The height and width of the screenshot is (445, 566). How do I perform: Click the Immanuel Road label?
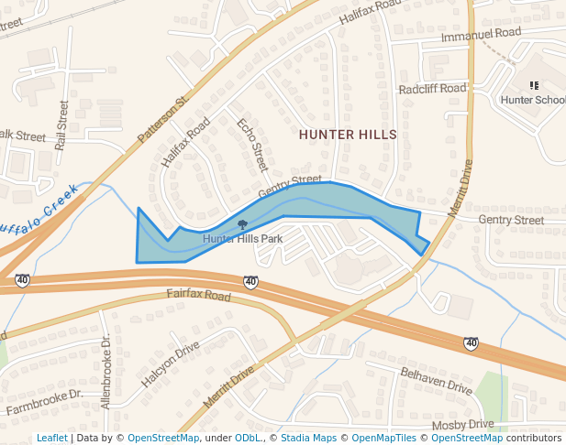[x=481, y=35]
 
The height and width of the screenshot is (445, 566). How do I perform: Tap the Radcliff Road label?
[x=434, y=89]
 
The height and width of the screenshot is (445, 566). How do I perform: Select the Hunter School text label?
[x=533, y=100]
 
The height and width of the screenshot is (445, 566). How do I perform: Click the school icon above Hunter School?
[x=534, y=85]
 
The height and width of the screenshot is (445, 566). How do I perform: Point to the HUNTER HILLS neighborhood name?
[x=348, y=135]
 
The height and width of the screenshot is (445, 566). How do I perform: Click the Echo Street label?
[x=251, y=145]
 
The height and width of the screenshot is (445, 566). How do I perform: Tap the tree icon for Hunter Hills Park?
[x=242, y=224]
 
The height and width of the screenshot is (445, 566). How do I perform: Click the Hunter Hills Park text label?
[x=242, y=239]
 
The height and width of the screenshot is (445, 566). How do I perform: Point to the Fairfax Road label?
[x=198, y=296]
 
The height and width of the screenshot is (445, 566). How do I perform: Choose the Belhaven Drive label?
[x=436, y=382]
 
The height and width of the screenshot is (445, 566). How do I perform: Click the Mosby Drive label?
[x=462, y=425]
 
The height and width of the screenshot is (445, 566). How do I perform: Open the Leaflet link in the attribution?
[x=51, y=438]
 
